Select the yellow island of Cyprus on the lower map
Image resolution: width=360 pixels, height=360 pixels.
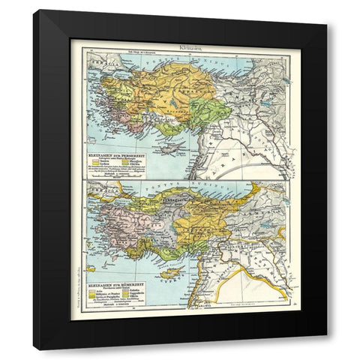[x=175, y=271]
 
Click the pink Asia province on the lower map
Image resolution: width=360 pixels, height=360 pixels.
[x=116, y=225]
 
